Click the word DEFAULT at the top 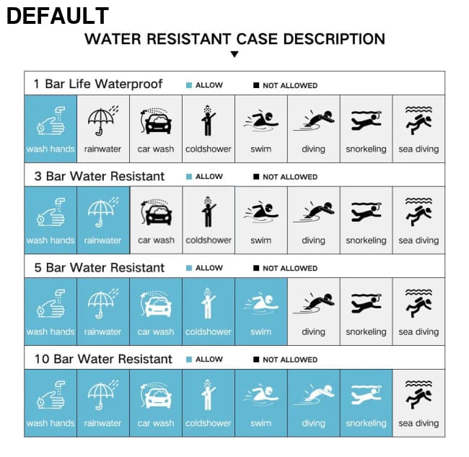(x=58, y=16)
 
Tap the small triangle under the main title (x=234, y=54)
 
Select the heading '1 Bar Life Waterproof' (x=98, y=84)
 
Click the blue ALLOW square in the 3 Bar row (x=189, y=177)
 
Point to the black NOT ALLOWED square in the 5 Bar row (x=256, y=268)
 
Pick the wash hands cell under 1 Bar (x=51, y=129)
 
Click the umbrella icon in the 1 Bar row (x=102, y=121)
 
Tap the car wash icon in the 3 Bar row (x=156, y=212)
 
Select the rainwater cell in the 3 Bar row (x=103, y=220)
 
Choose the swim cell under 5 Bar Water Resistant (x=261, y=311)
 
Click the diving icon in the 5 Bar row (x=313, y=303)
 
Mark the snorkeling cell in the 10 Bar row (x=366, y=403)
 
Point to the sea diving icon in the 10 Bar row (x=418, y=394)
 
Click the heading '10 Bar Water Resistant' (x=103, y=359)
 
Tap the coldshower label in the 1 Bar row (x=209, y=149)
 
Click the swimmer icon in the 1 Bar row (x=261, y=121)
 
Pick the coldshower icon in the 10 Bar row (x=208, y=394)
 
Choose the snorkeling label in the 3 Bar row (x=366, y=240)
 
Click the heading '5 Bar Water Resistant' (x=100, y=268)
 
